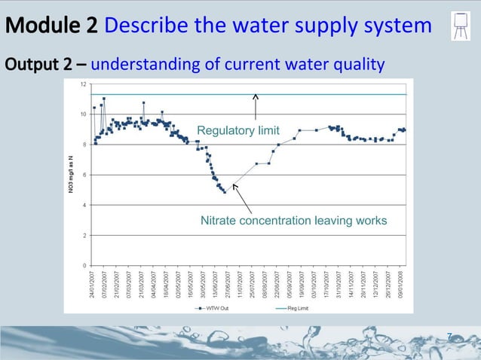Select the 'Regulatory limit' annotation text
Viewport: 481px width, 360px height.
237,131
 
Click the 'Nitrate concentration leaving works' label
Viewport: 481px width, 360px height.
293,221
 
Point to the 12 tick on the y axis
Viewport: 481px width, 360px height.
83,84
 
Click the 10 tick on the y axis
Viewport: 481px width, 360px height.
83,114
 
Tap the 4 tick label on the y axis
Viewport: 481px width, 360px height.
84,205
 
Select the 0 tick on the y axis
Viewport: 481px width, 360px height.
84,265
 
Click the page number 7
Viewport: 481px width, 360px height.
449,336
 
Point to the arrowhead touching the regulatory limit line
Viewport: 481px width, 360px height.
256,96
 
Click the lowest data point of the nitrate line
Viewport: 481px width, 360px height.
224,192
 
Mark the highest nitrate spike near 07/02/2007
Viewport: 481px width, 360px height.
104,99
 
